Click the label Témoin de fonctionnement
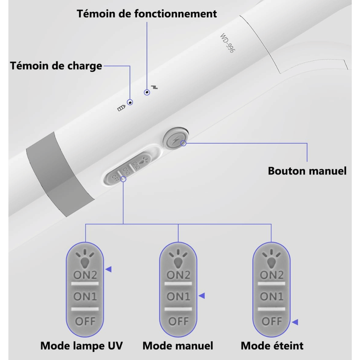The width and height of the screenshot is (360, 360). [147, 14]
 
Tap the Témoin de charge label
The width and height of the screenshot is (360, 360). [56, 66]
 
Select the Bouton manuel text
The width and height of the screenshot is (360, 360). [307, 171]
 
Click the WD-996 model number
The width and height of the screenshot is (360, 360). [228, 44]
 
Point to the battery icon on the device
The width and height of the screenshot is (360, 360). [122, 107]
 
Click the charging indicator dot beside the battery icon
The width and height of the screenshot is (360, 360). [130, 102]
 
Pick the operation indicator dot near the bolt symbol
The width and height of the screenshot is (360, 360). [147, 93]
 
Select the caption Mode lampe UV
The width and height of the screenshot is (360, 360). [81, 346]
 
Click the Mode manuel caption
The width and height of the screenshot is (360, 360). [178, 346]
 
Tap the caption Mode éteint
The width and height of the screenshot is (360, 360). [272, 346]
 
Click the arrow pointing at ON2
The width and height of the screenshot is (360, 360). [108, 269]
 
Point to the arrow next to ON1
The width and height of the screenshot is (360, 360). [202, 296]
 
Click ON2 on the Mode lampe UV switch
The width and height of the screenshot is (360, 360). [85, 275]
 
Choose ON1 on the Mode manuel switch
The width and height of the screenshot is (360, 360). [178, 297]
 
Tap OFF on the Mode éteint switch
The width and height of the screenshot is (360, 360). [271, 321]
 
